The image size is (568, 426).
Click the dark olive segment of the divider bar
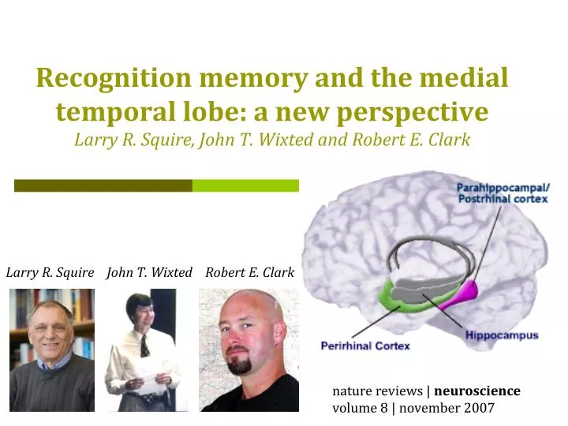click(103, 185)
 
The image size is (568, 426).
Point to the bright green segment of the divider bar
click(245, 185)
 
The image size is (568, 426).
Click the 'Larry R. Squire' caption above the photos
click(50, 272)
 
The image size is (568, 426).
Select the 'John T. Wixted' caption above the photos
click(150, 272)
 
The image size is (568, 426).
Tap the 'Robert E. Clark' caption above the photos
click(249, 272)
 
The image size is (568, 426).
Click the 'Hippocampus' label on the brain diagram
click(502, 335)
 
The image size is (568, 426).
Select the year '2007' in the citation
click(478, 408)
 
